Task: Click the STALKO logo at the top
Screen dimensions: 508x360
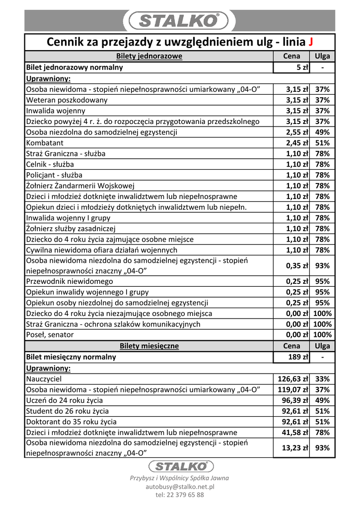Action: click(179, 20)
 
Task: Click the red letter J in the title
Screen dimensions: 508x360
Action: click(310, 42)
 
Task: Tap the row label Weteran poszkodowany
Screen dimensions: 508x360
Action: click(67, 100)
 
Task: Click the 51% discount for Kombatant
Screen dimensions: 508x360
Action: click(322, 143)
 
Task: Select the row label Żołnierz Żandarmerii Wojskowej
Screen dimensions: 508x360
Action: click(80, 186)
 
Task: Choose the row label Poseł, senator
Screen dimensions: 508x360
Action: click(50, 335)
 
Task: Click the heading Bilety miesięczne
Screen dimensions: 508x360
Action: click(149, 346)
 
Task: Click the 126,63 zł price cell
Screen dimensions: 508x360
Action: click(293, 379)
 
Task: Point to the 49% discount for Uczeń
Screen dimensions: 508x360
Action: click(322, 400)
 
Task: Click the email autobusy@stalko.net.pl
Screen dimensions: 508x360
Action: click(179, 487)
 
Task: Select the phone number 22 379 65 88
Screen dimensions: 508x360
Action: click(179, 495)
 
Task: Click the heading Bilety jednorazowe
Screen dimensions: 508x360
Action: click(149, 57)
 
